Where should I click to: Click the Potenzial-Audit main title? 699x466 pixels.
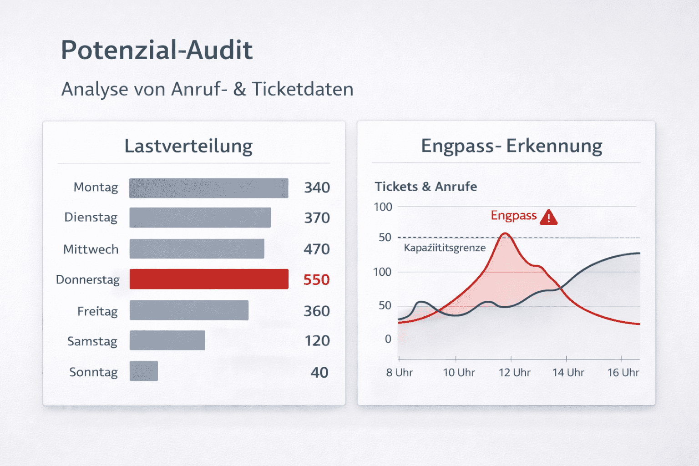coord(157,50)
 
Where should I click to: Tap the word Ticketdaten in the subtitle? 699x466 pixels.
coord(302,89)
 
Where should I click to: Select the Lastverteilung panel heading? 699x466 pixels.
coord(188,146)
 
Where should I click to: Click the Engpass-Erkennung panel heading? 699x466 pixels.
coord(512,146)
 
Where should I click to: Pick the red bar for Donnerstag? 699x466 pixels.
coord(209,279)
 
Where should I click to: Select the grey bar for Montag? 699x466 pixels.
coord(208,188)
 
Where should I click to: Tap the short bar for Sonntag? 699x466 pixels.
coord(144,371)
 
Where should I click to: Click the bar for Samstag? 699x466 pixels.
coord(167,340)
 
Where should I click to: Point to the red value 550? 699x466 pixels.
coord(316,279)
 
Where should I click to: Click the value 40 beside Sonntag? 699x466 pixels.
coord(319,373)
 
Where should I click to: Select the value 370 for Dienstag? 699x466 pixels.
coord(317,218)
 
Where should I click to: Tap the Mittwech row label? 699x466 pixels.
coord(91,249)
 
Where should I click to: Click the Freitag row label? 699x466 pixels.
coord(97,311)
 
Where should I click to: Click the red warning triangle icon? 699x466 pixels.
coord(549,218)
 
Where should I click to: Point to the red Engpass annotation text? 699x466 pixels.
coord(513,216)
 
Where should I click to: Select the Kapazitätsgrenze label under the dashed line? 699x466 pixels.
coord(445,248)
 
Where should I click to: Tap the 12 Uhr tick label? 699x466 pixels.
coord(514,373)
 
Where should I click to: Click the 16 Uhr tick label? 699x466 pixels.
coord(623,373)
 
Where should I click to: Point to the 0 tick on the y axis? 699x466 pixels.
coord(388,339)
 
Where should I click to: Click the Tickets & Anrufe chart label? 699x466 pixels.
coord(425,187)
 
